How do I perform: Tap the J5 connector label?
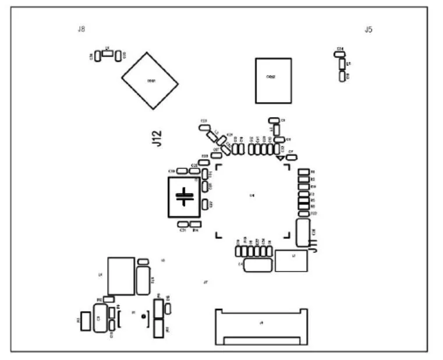coord(368,29)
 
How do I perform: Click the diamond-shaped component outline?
coord(150,80)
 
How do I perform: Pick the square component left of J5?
coord(273,80)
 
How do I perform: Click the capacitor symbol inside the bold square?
coord(185,197)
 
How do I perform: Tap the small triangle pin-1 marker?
coord(280,157)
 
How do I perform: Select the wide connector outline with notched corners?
coord(261,326)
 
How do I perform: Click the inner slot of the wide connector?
coord(261,340)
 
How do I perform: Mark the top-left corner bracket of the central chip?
coord(219,167)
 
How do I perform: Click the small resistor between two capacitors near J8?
coord(108,53)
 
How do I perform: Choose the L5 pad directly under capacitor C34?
coord(342,63)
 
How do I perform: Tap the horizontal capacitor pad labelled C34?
coord(339,54)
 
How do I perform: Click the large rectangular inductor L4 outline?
coord(121,276)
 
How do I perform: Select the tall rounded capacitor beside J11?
coord(302,232)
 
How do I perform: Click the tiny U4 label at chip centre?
coord(252,195)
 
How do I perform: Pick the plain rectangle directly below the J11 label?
coord(291,260)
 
